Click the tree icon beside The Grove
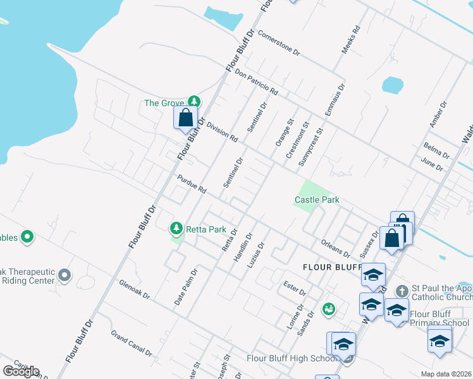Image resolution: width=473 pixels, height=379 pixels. [x=194, y=102]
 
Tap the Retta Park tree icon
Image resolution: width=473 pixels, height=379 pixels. [x=177, y=228]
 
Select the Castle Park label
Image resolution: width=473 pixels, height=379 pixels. [x=317, y=200]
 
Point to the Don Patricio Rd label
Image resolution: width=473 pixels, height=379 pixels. [x=256, y=82]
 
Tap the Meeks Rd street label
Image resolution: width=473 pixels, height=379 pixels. [x=350, y=39]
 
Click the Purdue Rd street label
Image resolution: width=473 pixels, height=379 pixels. [x=192, y=184]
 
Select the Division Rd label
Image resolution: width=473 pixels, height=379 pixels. [x=221, y=131]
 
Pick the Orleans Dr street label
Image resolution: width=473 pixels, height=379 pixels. [x=335, y=248]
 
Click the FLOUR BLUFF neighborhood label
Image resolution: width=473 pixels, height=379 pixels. [x=326, y=267]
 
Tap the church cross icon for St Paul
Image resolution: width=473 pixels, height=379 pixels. [x=401, y=291]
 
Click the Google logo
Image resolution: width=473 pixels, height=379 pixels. [x=21, y=371]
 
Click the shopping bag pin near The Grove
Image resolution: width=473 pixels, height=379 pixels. [x=185, y=117]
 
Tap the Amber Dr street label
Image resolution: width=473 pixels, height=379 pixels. [x=438, y=114]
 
